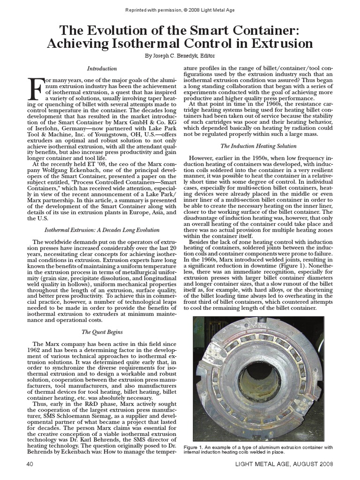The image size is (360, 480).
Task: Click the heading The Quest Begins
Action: tap(102, 332)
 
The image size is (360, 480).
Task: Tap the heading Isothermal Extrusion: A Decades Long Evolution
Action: tap(102, 230)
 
